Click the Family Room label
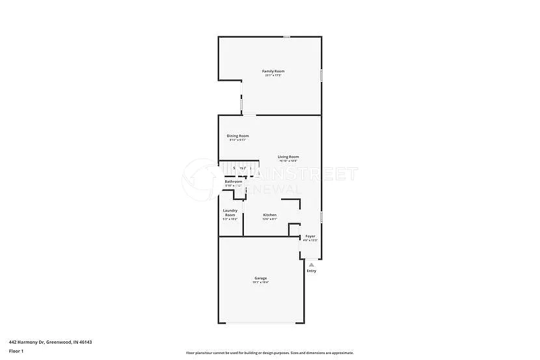point(273,71)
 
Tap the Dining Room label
point(237,135)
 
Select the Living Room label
point(288,156)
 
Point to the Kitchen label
point(269,215)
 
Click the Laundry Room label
point(230,212)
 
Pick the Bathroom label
point(234,181)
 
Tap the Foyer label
point(310,236)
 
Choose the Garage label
point(260,278)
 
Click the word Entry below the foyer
point(312,271)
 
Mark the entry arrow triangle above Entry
point(312,264)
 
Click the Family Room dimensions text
point(273,76)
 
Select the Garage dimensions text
point(260,283)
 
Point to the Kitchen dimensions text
point(269,219)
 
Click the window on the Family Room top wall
point(287,37)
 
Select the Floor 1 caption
point(16,351)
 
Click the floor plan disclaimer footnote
point(270,353)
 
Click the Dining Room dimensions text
point(237,140)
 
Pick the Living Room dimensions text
point(288,161)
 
